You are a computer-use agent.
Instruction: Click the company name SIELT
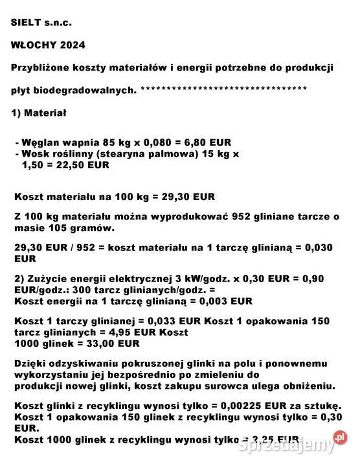click(x=28, y=23)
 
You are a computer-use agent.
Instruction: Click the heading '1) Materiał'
click(x=38, y=113)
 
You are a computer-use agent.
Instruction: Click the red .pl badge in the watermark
click(x=340, y=438)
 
